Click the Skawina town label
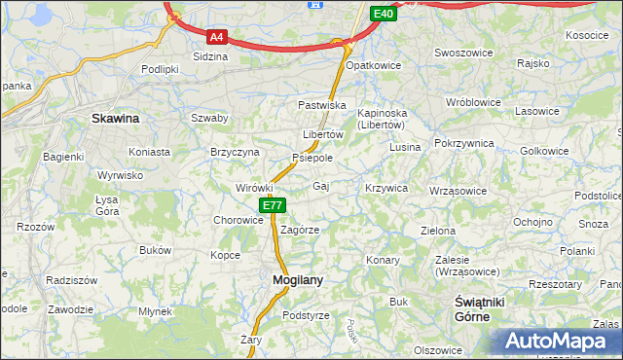115,118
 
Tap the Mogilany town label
290,280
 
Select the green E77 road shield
273,205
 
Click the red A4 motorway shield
216,37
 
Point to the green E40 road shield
384,14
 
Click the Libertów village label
323,134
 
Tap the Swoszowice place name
462,53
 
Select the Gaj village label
320,185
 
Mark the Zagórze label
300,231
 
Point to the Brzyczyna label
235,153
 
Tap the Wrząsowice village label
458,191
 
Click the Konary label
384,261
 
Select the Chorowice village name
238,220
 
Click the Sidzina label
210,56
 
